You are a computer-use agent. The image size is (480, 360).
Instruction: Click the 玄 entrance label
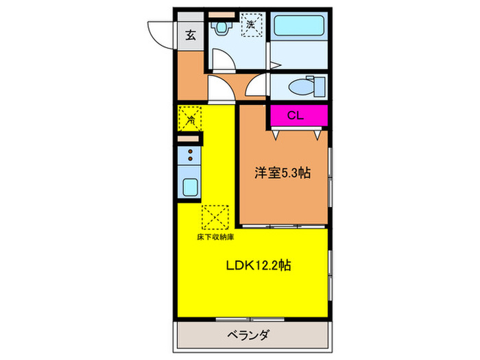(x=189, y=36)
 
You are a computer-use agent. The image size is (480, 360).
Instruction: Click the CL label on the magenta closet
(x=296, y=115)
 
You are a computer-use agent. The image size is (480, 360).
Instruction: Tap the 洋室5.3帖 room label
(x=283, y=173)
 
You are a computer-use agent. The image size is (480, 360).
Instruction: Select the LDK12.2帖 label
(x=257, y=265)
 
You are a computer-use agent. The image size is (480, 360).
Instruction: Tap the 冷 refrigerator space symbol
(x=190, y=119)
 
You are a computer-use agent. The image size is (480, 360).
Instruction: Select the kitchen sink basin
(x=189, y=187)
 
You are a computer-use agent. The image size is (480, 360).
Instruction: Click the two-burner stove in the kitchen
(x=189, y=155)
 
